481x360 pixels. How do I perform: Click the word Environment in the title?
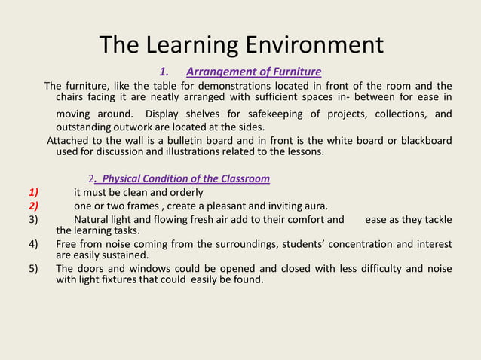[311, 44]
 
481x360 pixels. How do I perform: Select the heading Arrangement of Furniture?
[253, 72]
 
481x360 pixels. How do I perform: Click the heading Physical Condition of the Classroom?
[185, 178]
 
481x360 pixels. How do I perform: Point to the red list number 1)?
[33, 192]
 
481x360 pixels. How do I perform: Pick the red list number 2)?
[33, 206]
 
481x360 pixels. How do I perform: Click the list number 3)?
[33, 220]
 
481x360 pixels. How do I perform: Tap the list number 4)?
[33, 244]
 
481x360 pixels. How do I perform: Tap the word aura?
[315, 206]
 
